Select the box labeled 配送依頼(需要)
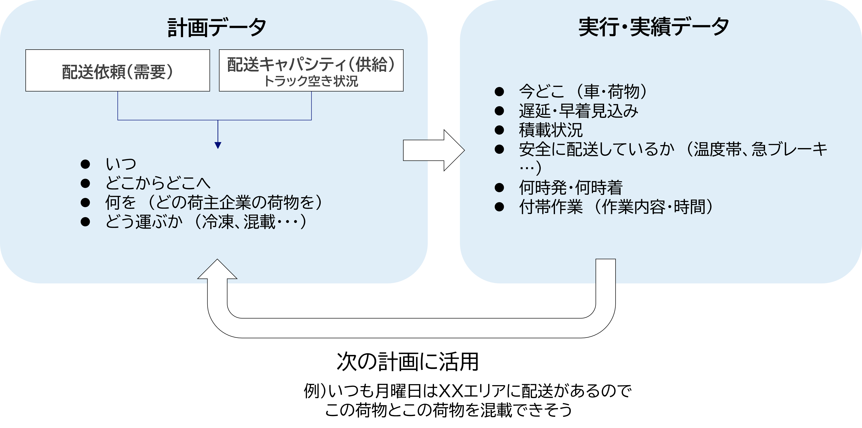click(117, 71)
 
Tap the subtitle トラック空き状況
click(311, 81)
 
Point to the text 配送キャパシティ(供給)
click(311, 64)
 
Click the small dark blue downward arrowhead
click(218, 146)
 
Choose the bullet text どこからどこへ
click(158, 183)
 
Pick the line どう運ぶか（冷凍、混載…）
click(206, 222)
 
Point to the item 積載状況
click(550, 130)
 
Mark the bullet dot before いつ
click(85, 164)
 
